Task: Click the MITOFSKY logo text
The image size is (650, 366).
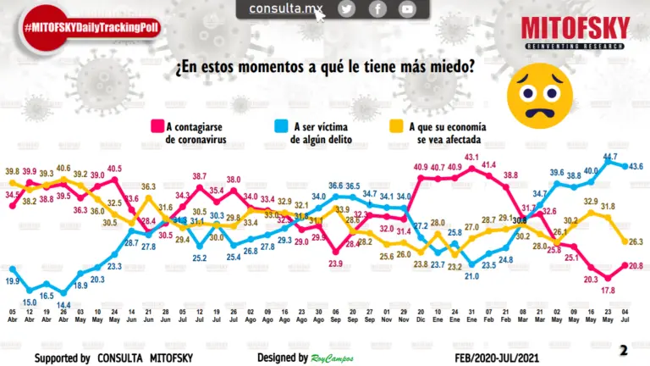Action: pyautogui.click(x=575, y=28)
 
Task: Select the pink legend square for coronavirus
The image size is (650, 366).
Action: pyautogui.click(x=157, y=126)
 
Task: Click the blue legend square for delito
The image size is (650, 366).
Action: pyautogui.click(x=282, y=126)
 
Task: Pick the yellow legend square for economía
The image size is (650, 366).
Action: pyautogui.click(x=394, y=126)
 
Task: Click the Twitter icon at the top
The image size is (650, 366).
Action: pyautogui.click(x=347, y=8)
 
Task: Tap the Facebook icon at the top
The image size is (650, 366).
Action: pyautogui.click(x=377, y=8)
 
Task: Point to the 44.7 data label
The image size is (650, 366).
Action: pyautogui.click(x=609, y=155)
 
